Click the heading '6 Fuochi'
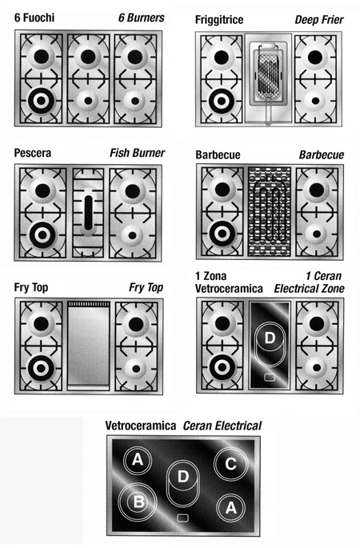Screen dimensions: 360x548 [34, 18]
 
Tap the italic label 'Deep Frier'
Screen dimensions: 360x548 [319, 19]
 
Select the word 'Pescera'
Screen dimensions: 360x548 [33, 153]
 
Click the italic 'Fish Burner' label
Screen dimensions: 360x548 [137, 153]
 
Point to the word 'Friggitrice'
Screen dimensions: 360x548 [219, 19]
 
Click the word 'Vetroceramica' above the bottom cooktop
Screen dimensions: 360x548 [141, 426]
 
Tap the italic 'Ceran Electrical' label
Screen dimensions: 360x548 [222, 426]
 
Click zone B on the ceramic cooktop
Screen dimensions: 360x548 [138, 502]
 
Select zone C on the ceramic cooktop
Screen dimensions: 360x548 [230, 464]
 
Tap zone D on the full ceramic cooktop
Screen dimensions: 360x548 [182, 483]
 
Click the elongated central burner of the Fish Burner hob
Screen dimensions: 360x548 [89, 213]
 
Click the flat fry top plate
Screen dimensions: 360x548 [89, 346]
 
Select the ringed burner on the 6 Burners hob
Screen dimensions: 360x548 [41, 101]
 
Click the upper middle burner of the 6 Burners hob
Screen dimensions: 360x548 [88, 57]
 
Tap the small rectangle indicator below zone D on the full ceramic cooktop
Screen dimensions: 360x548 [182, 518]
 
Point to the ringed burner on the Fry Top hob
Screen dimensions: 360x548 [41, 368]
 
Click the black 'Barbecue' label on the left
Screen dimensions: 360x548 [218, 155]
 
